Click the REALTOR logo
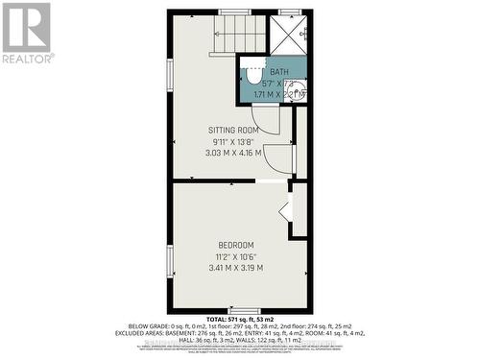(26, 33)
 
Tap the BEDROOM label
(234, 246)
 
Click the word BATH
(278, 72)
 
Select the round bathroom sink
(297, 92)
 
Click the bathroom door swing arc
(253, 121)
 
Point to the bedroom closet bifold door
(285, 210)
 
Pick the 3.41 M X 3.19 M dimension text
(235, 268)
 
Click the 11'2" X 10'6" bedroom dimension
(235, 257)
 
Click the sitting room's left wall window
(171, 76)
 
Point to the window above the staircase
(233, 12)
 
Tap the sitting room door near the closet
(278, 158)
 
